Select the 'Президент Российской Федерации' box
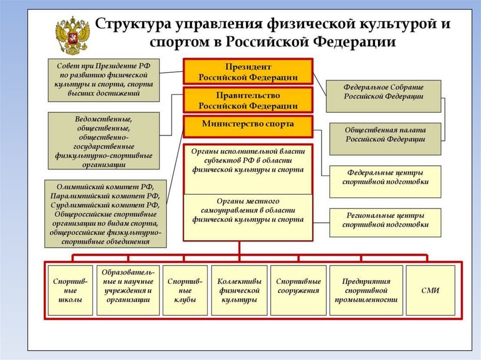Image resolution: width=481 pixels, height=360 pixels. tap(248, 72)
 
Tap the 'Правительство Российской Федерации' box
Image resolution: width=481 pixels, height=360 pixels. tap(248, 100)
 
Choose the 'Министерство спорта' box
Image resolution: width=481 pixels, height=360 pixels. tap(248, 125)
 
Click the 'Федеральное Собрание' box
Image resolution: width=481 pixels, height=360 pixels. tap(383, 96)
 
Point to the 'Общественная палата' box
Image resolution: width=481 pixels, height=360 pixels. tap(385, 138)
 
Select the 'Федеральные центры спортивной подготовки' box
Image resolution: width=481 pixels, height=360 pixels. tap(385, 181)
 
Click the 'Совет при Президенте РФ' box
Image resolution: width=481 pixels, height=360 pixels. tap(103, 80)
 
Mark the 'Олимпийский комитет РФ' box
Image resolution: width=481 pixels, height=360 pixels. tap(106, 213)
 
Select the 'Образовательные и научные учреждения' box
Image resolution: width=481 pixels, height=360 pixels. tap(128, 290)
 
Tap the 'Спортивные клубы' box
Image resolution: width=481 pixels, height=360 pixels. tap(185, 290)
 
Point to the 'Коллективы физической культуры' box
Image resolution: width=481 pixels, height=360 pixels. tap(239, 290)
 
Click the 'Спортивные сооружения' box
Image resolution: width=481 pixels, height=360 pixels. tap(298, 290)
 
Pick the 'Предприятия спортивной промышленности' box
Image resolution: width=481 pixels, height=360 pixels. tap(366, 290)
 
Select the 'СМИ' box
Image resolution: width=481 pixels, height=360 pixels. tap(430, 290)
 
